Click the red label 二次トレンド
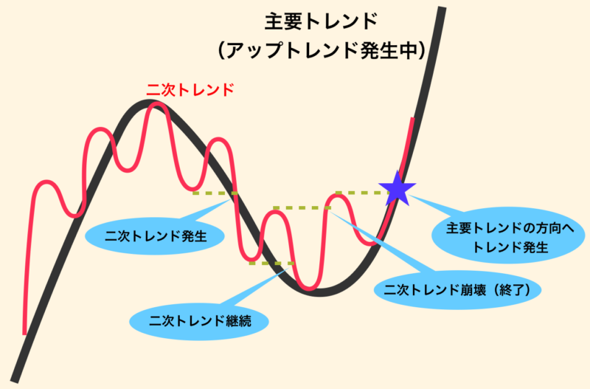pos(190,89)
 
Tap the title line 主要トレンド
pos(321,21)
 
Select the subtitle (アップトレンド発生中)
pos(322,50)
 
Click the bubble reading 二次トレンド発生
pos(155,236)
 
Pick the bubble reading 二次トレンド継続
pos(199,321)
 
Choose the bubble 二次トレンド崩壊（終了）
pos(457,289)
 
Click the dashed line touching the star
pos(362,193)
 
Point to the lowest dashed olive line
pos(271,264)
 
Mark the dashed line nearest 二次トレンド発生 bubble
pos(215,193)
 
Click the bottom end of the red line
pos(25,334)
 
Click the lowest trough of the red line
pos(308,289)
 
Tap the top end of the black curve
pos(442,7)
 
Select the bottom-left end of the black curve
pos(14,380)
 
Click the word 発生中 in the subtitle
pos(388,50)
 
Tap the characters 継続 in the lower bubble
pos(239,321)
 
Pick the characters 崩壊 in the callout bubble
pos(473,289)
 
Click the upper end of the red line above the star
pos(413,119)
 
